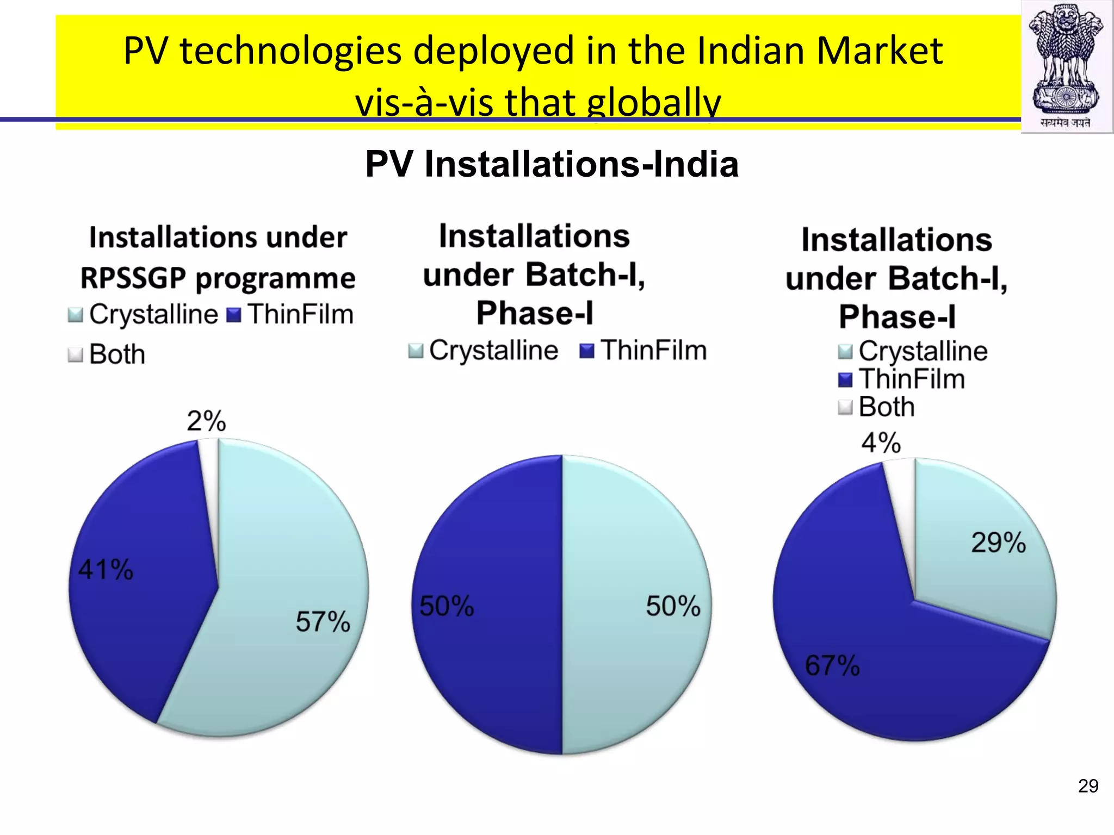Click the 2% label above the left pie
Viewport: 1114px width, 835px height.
(206, 421)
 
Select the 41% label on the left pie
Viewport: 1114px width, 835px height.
(106, 570)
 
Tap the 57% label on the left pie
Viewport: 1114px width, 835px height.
(323, 621)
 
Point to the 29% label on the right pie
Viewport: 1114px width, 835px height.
(998, 543)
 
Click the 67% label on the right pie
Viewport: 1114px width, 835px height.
(832, 665)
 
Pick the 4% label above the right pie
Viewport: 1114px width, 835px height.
(881, 443)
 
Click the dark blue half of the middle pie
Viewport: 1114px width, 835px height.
(490, 652)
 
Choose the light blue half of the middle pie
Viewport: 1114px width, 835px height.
(631, 652)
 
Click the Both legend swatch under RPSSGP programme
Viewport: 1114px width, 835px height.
(75, 355)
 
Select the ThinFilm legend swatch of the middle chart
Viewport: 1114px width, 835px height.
(587, 351)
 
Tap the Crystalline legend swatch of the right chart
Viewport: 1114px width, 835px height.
(845, 352)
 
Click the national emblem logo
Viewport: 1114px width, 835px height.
(1066, 65)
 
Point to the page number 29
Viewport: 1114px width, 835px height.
(1088, 786)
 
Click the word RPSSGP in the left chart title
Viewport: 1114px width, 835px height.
(133, 278)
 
